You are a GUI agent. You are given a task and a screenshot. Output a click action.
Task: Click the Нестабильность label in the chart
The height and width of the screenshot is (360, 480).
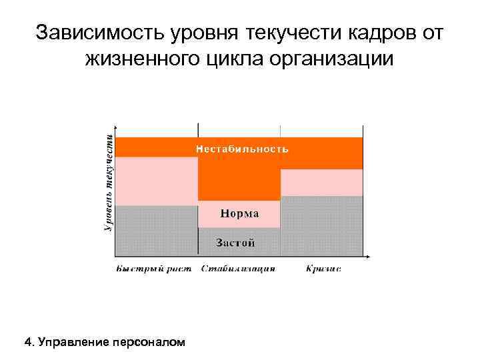242,149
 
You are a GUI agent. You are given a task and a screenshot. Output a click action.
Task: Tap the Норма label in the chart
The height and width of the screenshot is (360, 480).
239,215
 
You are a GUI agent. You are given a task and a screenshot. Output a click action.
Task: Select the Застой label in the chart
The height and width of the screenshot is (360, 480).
235,243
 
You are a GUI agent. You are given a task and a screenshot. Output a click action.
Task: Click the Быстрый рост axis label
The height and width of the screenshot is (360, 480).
153,269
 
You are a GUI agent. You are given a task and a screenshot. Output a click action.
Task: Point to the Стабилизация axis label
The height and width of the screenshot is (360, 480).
238,269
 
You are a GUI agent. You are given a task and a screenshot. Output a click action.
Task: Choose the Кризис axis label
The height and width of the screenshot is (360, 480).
323,269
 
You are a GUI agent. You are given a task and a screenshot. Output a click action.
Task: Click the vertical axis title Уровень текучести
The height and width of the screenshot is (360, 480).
108,180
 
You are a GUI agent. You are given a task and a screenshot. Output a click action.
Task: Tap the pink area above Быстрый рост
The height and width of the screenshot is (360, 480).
157,181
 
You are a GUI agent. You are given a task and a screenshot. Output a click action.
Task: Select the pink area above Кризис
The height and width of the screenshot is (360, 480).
321,182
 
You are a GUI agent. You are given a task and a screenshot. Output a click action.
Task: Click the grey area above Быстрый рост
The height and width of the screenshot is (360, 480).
157,231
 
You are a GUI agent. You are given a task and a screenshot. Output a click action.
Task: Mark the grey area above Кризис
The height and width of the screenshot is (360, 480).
321,226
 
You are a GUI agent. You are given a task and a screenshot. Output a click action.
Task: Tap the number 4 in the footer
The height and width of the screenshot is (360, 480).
27,343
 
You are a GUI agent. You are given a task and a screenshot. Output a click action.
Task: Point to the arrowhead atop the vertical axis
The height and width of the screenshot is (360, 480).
116,127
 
